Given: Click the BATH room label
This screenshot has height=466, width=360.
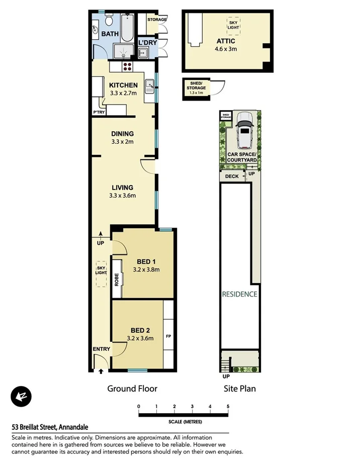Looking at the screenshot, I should pyautogui.click(x=110, y=34).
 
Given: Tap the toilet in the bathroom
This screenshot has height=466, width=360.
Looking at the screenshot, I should pyautogui.click(x=109, y=20).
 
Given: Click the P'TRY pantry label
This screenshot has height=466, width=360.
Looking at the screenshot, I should pyautogui.click(x=99, y=112).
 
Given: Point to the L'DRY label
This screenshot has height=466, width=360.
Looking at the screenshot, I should pyautogui.click(x=148, y=43).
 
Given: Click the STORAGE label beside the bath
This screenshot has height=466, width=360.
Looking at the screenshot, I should pyautogui.click(x=157, y=20).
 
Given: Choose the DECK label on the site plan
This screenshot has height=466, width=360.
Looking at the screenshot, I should pyautogui.click(x=232, y=176).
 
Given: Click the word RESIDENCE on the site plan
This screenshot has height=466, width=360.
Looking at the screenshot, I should pyautogui.click(x=240, y=294).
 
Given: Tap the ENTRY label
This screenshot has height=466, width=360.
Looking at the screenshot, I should pyautogui.click(x=101, y=349).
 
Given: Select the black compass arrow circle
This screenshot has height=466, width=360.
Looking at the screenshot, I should pyautogui.click(x=21, y=397).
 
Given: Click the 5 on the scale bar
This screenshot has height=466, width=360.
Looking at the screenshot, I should pyautogui.click(x=228, y=406).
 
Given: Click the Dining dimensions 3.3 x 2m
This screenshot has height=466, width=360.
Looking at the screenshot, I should pyautogui.click(x=123, y=142).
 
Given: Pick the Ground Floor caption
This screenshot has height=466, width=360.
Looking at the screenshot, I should pyautogui.click(x=132, y=388).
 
